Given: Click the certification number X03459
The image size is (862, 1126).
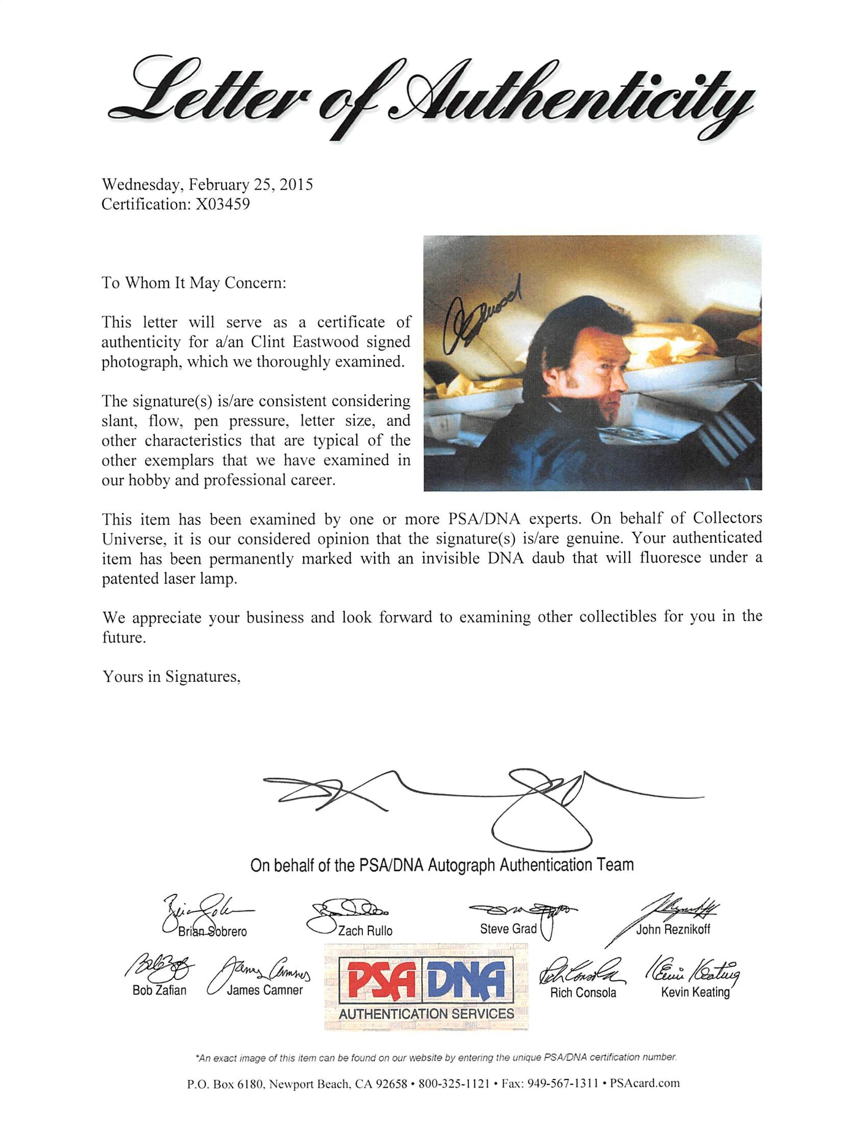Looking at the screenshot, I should (x=223, y=204).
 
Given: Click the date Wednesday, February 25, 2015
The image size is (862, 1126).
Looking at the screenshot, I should (x=207, y=184).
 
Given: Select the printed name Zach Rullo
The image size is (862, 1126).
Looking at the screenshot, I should (x=365, y=931).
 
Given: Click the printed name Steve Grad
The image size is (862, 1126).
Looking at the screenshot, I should (x=508, y=929).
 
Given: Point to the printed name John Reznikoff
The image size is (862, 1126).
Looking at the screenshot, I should (x=673, y=929).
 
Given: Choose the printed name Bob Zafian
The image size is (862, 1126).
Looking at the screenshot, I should (x=159, y=990).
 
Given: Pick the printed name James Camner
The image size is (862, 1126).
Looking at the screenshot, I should (x=265, y=990).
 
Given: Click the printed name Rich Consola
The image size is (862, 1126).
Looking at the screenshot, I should (x=583, y=992).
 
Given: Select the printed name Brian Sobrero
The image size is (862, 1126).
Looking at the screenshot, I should (x=212, y=931).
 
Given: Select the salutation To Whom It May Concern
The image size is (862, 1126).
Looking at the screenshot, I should (x=194, y=283).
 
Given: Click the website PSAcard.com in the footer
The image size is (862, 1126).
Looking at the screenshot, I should (x=645, y=1083).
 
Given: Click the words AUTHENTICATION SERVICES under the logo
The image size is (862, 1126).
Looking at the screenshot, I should (x=426, y=1014).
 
